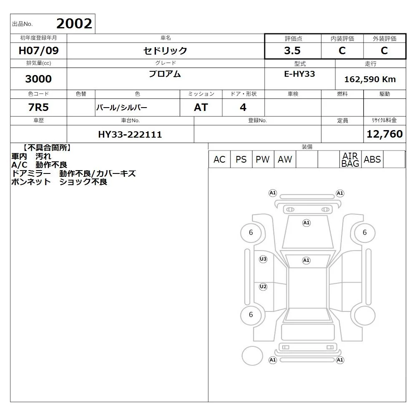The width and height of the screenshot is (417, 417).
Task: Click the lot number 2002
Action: (x=74, y=24)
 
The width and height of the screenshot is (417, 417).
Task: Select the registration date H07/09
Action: (x=38, y=50)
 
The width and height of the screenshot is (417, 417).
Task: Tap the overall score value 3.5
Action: (x=292, y=50)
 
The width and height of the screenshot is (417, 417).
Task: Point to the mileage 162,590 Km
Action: (x=370, y=79)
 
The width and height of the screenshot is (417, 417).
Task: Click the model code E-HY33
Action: (x=299, y=74)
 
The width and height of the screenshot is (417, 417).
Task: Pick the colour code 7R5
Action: (x=38, y=108)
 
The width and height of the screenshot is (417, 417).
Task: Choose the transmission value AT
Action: (x=201, y=108)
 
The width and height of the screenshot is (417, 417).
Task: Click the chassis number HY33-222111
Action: (x=130, y=135)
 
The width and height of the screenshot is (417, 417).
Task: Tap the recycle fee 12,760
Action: (x=384, y=134)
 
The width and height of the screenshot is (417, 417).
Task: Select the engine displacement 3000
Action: (x=38, y=79)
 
